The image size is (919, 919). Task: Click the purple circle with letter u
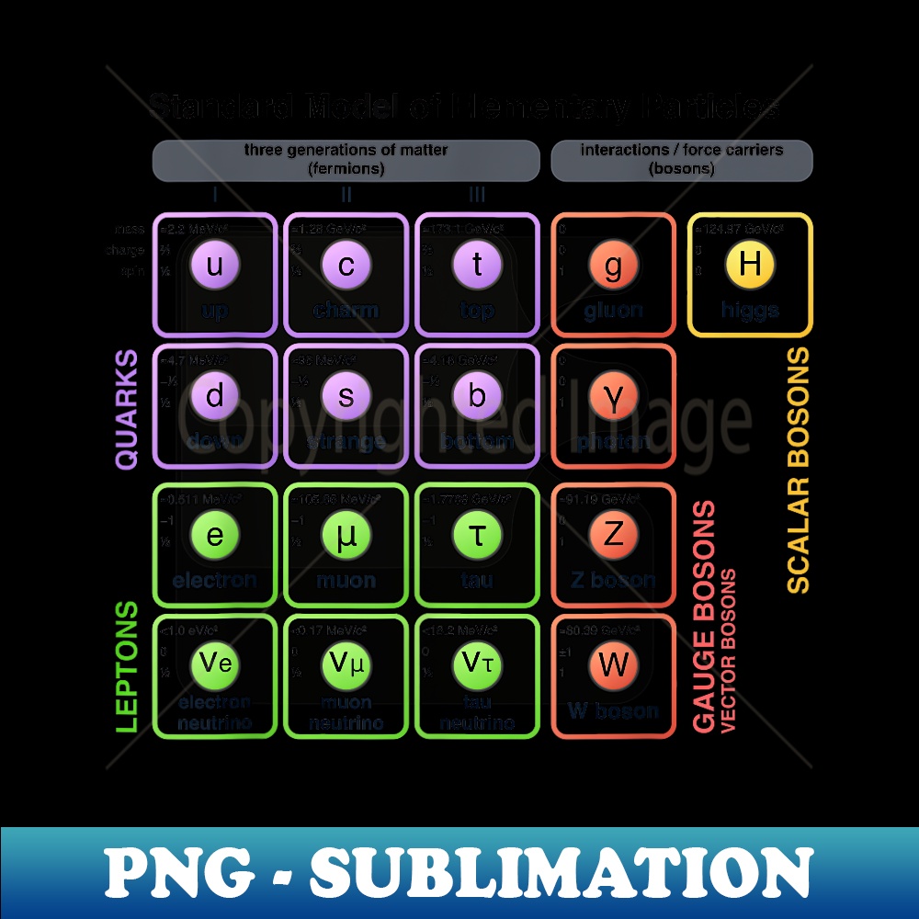[215, 266]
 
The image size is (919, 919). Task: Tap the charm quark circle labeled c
[346, 266]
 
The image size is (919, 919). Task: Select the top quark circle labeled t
[477, 266]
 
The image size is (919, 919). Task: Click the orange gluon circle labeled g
[613, 266]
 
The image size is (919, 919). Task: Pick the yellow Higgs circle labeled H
[750, 265]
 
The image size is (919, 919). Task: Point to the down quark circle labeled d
[215, 396]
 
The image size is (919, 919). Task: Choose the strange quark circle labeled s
[346, 396]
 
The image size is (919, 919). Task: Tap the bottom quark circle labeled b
[477, 396]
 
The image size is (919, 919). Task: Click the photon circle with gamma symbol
[613, 396]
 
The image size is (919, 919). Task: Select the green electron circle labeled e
[215, 535]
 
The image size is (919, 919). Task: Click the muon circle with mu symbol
[346, 535]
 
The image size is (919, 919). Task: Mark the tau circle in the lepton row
[477, 535]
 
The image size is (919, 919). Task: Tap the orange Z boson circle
[613, 535]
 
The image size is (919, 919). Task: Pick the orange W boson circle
[613, 664]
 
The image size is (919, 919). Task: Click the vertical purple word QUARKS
[127, 409]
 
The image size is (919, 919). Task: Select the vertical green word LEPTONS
[127, 666]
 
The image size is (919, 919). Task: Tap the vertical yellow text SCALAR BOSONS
[799, 469]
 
